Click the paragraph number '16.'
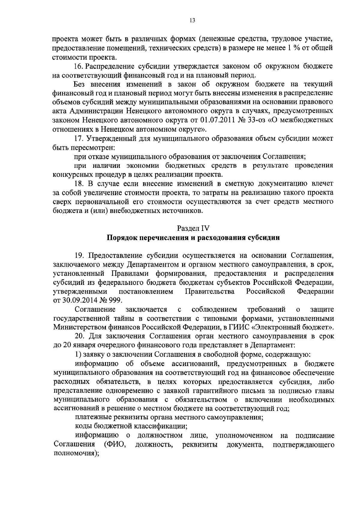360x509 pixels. (x=79, y=66)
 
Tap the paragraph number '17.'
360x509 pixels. (x=79, y=138)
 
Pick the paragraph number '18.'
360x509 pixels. (x=79, y=183)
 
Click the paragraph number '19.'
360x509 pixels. (x=79, y=255)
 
